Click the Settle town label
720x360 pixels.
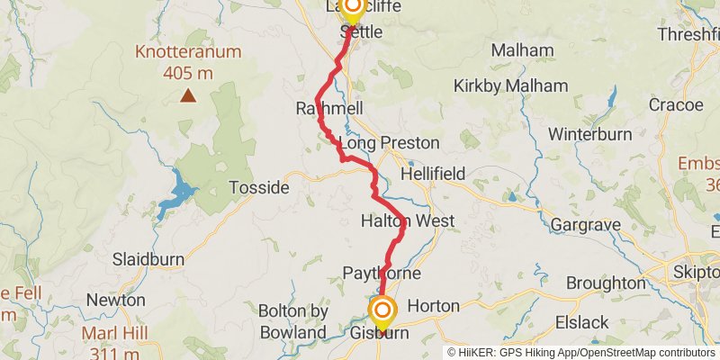[362, 32]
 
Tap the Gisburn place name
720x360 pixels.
[378, 333]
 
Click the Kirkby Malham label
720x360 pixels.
[510, 86]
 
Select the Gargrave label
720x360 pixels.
[580, 223]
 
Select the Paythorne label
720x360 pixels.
[382, 273]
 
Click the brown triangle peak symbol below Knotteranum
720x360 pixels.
[188, 94]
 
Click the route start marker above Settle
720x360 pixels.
[352, 8]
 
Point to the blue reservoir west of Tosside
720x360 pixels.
[180, 192]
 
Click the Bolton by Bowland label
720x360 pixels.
[292, 321]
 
